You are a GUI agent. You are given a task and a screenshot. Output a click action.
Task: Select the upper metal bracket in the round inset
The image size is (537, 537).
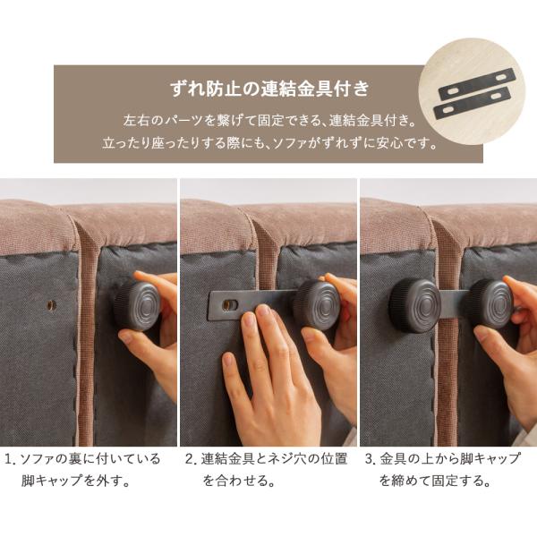tap(473, 85)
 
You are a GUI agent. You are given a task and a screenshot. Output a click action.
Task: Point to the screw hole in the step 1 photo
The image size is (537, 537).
tap(51, 305)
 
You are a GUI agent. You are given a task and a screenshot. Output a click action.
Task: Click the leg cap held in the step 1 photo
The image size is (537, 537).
tap(136, 305)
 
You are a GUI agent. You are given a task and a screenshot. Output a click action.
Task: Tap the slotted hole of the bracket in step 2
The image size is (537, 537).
tap(230, 305)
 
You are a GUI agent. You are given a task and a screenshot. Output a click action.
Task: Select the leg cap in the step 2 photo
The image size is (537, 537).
tap(317, 305)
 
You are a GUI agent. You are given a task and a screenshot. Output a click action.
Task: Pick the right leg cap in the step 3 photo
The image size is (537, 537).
tap(487, 303)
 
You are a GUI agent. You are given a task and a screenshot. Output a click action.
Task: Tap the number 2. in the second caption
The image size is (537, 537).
tap(190, 459)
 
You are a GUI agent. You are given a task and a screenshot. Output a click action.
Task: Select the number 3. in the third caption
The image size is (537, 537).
tap(369, 459)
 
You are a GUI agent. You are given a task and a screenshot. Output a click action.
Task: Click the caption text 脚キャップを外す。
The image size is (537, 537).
tap(76, 481)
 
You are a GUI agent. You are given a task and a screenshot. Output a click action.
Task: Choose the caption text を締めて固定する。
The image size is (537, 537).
tap(435, 481)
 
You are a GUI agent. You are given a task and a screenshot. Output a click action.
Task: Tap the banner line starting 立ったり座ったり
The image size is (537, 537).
tap(268, 142)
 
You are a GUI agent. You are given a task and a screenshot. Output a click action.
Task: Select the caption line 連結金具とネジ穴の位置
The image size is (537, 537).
tap(273, 459)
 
